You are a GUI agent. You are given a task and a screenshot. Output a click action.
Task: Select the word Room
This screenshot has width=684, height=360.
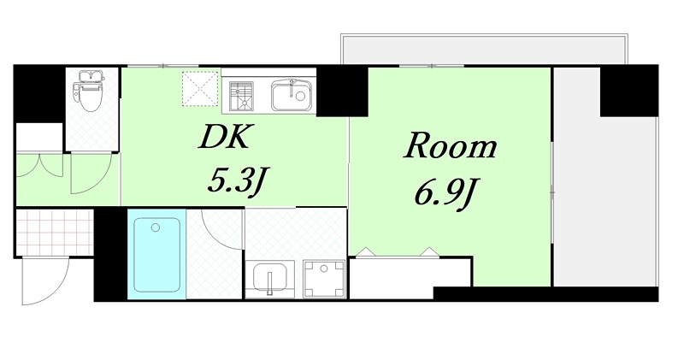click(x=450, y=147)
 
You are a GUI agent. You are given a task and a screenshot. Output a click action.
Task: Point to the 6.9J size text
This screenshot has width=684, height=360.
click(x=445, y=195)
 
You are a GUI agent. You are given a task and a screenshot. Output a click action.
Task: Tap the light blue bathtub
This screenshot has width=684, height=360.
click(x=156, y=253)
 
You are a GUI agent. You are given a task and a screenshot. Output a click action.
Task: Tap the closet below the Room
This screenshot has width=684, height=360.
click(x=410, y=274)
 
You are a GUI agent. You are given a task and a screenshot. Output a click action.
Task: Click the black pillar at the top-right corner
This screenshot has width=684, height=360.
click(x=628, y=90)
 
